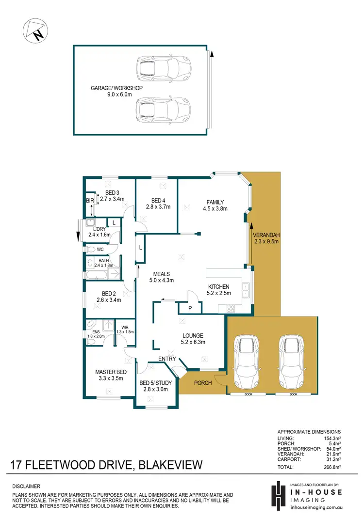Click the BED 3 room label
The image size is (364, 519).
(112, 192)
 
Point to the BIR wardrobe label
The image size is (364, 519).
(90, 200)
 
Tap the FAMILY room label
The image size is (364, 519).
(215, 202)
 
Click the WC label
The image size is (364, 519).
(100, 250)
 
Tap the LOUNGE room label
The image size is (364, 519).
(193, 335)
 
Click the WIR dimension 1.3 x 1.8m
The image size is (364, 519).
(125, 332)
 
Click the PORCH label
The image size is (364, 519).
(203, 383)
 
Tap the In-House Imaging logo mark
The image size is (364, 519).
(278, 495)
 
